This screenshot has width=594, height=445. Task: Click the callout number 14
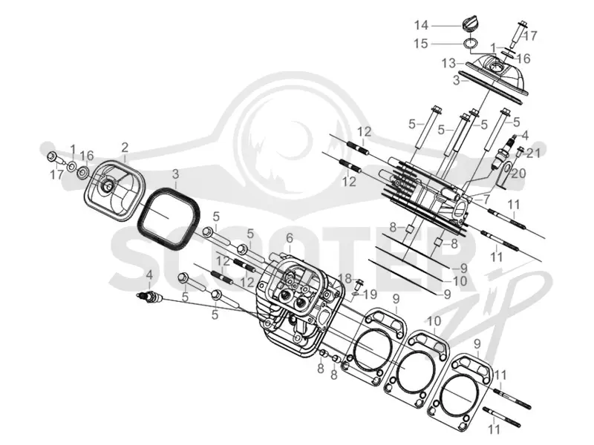(x=421, y=25)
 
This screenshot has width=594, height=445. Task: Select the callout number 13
(x=448, y=63)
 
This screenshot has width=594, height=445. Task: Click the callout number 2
(x=125, y=147)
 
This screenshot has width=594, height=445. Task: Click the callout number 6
(x=290, y=238)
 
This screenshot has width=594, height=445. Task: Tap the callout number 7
(x=486, y=198)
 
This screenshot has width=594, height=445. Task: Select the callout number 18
(x=345, y=279)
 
